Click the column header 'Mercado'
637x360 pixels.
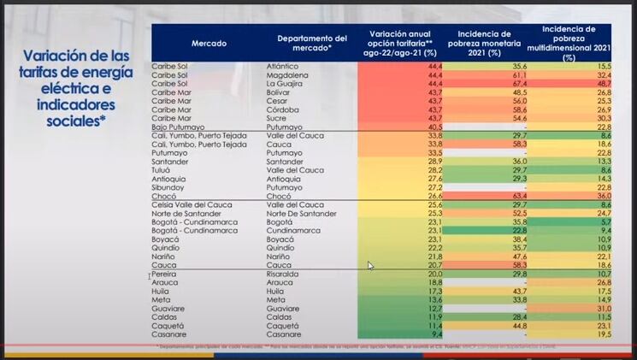click(209, 43)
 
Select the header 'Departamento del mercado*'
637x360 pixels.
click(312, 43)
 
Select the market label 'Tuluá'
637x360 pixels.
click(162, 170)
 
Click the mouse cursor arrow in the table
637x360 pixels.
click(370, 266)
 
